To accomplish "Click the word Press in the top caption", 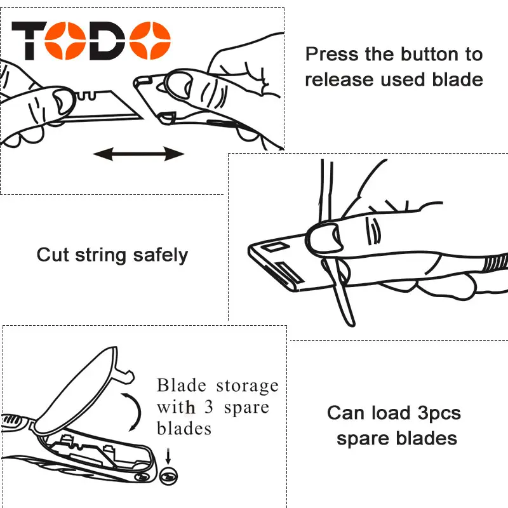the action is tap(332, 55).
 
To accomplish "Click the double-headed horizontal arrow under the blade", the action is tap(139, 153).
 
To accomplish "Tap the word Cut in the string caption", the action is tap(52, 255).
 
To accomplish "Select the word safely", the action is tap(161, 255).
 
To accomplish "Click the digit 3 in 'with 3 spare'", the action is tap(209, 407).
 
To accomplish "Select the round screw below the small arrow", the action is tap(168, 475).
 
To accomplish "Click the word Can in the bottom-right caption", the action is tap(345, 413).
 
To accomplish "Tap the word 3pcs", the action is tap(439, 414).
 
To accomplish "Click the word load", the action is tap(391, 413).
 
